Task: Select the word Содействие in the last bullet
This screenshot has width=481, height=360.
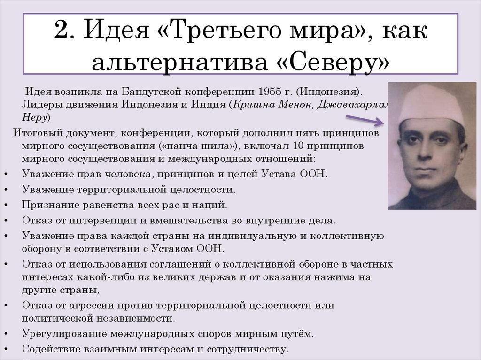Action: (x=51, y=350)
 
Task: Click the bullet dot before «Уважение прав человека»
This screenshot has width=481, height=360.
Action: (x=5, y=175)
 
